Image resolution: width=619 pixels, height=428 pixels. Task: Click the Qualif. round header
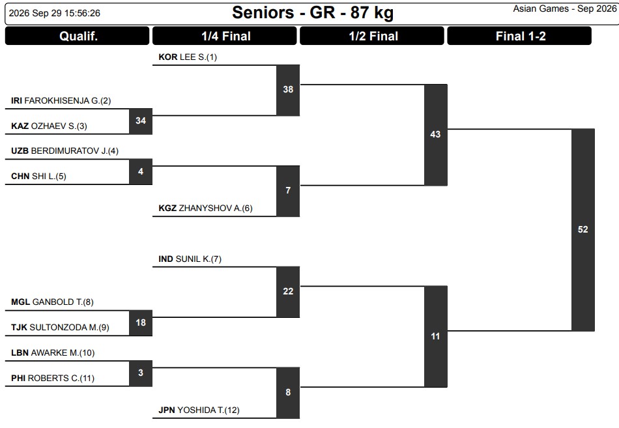(x=78, y=36)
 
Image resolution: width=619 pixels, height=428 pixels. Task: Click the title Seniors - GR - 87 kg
(x=313, y=12)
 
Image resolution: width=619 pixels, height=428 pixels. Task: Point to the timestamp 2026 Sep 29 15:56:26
(x=55, y=13)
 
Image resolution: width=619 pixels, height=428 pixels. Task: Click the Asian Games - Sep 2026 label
(x=564, y=8)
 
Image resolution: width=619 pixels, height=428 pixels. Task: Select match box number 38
(x=288, y=90)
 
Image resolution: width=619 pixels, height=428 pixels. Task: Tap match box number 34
(x=141, y=121)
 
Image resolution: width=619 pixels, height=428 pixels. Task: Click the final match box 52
(x=583, y=230)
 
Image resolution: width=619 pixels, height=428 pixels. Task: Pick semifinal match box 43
(x=435, y=135)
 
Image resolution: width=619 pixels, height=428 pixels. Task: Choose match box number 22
(x=288, y=292)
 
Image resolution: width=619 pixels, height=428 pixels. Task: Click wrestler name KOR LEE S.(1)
(x=188, y=57)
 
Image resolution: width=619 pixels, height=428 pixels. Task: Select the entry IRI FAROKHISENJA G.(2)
(x=61, y=101)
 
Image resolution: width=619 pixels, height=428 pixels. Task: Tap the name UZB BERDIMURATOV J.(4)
(x=65, y=151)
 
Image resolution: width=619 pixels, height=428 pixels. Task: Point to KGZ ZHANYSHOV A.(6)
(x=205, y=208)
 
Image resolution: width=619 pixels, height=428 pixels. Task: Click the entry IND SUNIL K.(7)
(x=190, y=259)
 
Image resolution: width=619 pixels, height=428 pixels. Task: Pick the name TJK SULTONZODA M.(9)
(x=60, y=327)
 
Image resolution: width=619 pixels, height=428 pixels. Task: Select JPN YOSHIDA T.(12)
(x=199, y=410)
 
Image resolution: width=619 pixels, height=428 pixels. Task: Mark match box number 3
(x=141, y=373)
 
